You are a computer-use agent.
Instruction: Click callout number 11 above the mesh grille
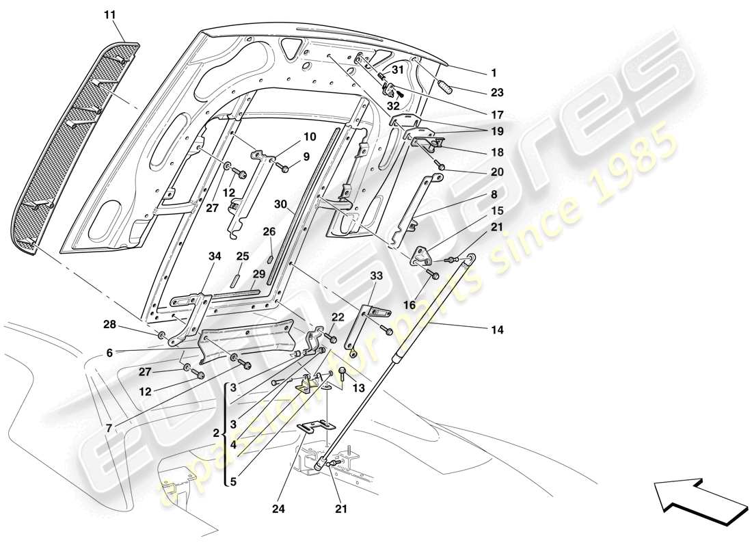[x=111, y=14]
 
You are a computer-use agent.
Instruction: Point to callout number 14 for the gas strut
[x=496, y=330]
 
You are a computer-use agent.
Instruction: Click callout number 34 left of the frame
[x=215, y=256]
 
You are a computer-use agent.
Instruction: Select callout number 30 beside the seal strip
[x=280, y=204]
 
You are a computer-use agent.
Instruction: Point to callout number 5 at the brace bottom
[x=232, y=481]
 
